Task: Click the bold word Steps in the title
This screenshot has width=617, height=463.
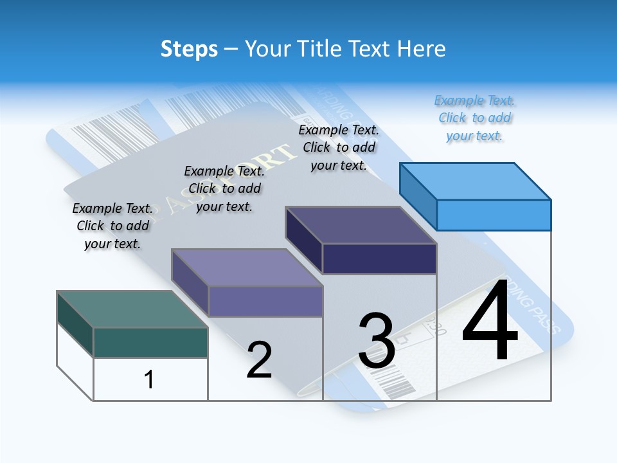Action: pos(189,49)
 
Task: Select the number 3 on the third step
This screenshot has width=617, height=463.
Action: pos(377,341)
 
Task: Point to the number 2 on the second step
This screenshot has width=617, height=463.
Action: pos(260,360)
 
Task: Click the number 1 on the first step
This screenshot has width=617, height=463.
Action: pos(149,379)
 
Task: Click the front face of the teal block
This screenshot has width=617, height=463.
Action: pos(150,342)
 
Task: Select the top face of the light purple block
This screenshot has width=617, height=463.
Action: pos(246,268)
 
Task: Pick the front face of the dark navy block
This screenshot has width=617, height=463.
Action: pos(379,259)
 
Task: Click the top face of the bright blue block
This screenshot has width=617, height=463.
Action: pos(475,181)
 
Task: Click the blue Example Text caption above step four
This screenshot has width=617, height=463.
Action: pos(475,118)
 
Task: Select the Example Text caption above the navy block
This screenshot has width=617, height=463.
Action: pos(339,147)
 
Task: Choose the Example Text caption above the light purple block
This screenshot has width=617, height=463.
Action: pos(224,188)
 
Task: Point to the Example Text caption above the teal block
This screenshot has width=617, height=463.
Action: pos(112,226)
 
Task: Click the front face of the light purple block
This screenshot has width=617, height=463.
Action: pos(265,301)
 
